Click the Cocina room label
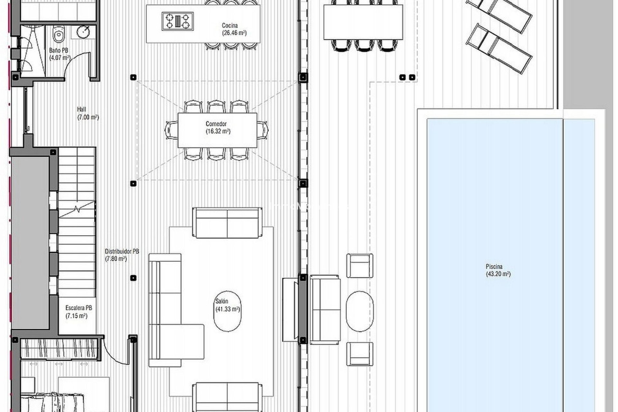[x=230, y=25]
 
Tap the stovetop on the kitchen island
[x=177, y=21]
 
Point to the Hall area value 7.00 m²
[x=88, y=117]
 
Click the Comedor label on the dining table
[x=216, y=124]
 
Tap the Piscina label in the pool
[x=494, y=267]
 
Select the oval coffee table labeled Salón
[x=227, y=311]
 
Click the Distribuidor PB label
[x=122, y=251]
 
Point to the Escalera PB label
[x=79, y=308]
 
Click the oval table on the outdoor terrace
[x=360, y=311]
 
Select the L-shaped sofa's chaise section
[x=187, y=341]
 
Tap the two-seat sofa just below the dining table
[x=227, y=223]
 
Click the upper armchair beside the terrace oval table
[x=360, y=266]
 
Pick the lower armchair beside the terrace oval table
[x=360, y=354]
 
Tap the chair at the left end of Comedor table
[x=171, y=130]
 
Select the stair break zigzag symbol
[x=77, y=209]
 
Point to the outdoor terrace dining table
[x=363, y=22]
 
